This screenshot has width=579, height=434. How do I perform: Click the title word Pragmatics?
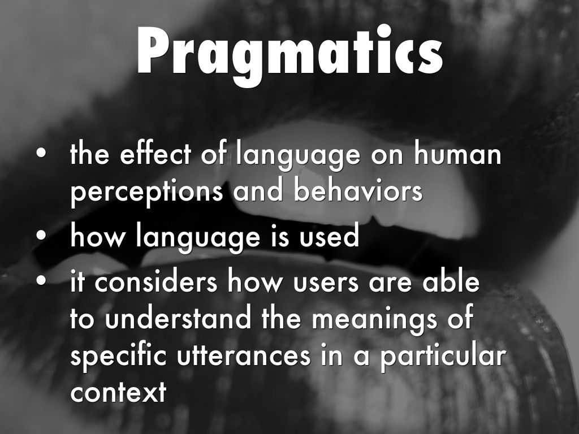click(x=290, y=55)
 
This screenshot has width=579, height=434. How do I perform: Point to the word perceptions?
click(x=146, y=192)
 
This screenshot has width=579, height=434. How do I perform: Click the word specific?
click(x=118, y=357)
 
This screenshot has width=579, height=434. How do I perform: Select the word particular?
click(x=443, y=356)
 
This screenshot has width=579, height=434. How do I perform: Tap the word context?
click(x=118, y=393)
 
